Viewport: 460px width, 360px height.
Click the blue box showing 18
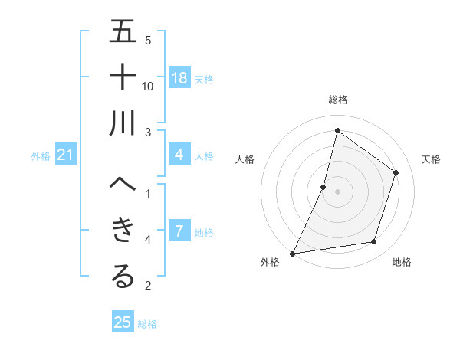pos(179,78)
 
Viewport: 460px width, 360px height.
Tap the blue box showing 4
pos(179,155)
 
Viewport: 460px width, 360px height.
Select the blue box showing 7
pos(179,231)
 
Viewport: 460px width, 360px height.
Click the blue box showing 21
pos(66,155)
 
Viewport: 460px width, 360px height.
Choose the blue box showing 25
pos(123,322)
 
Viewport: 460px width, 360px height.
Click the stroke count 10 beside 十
pos(148,86)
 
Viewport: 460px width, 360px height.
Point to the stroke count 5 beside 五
pos(148,40)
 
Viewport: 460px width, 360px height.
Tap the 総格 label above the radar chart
pos(337,100)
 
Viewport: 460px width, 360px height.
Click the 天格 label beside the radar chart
pos(431,159)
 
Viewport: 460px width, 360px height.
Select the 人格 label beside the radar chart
pos(245,159)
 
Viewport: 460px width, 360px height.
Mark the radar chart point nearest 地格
pos(374,242)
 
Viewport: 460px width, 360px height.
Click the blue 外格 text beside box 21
pos(41,156)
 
